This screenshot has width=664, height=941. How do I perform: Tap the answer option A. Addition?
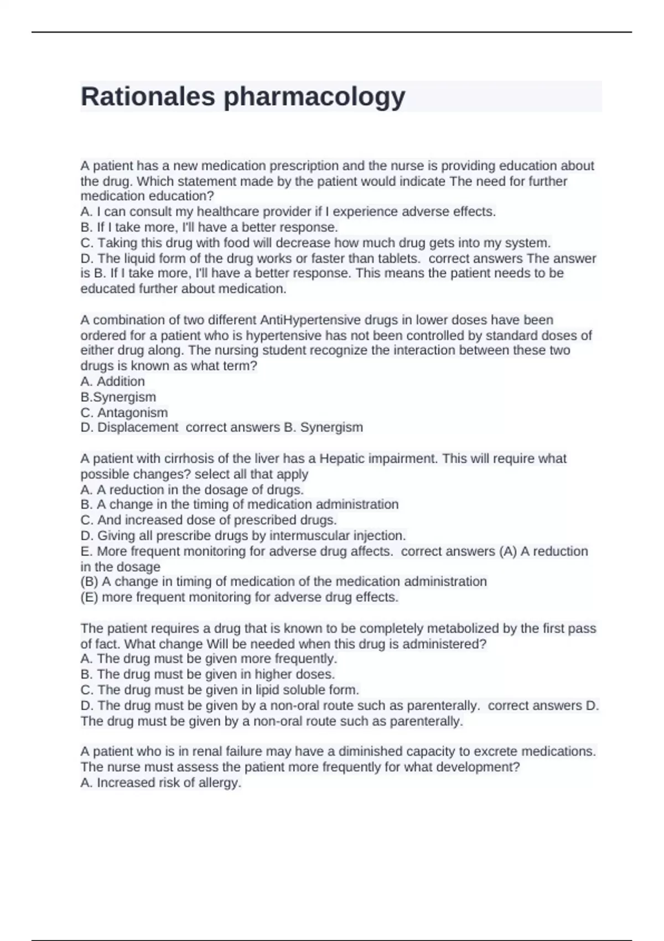point(112,381)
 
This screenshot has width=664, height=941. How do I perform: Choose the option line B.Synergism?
point(118,397)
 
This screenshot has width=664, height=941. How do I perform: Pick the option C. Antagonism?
point(124,412)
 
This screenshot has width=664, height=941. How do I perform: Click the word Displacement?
point(138,427)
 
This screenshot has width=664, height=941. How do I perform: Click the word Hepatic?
point(341,458)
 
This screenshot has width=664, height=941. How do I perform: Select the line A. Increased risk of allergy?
point(160,783)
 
